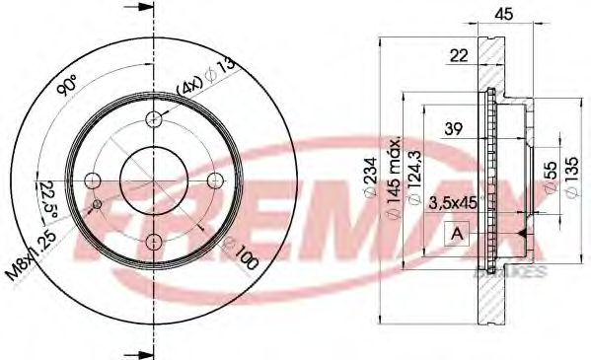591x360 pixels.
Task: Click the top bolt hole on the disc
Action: click(x=153, y=119)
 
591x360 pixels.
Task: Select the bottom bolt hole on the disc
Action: click(x=153, y=242)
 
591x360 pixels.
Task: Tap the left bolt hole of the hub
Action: click(x=92, y=180)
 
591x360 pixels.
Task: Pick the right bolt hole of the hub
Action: click(x=214, y=180)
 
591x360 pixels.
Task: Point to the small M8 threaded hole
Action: click(x=97, y=205)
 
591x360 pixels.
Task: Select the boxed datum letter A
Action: click(x=457, y=234)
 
